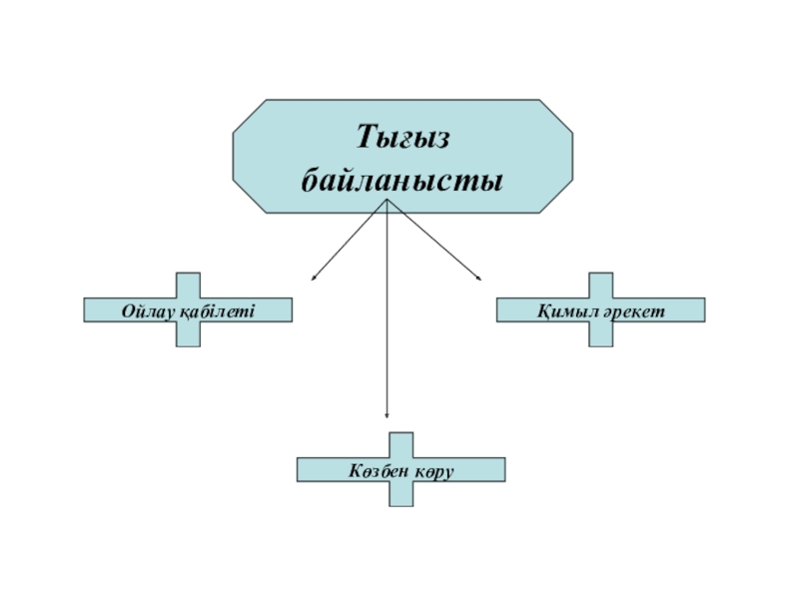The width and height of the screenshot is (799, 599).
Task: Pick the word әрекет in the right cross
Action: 631,311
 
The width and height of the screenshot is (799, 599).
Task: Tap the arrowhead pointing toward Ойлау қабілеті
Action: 314,277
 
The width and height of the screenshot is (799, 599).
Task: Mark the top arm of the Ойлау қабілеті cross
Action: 188,285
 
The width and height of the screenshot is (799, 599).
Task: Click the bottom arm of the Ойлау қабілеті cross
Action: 188,334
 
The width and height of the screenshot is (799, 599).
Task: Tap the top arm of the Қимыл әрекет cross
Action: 600,285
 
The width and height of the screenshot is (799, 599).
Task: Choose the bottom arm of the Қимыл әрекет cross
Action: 600,334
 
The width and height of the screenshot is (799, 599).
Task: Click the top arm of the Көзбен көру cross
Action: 400,444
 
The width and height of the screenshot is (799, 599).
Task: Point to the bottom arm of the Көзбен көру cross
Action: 400,494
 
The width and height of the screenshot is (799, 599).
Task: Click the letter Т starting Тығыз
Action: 367,135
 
